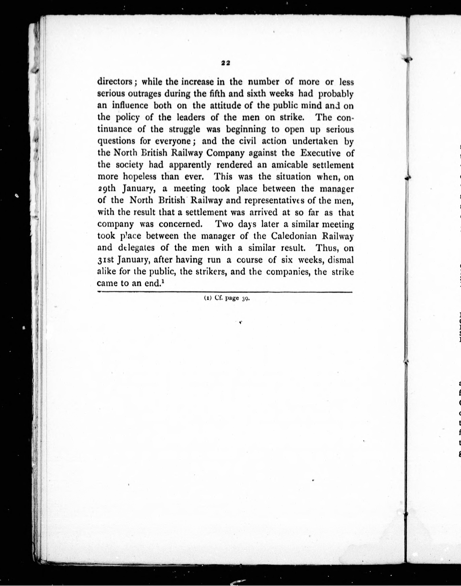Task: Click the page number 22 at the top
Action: click(x=225, y=63)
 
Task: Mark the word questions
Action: click(x=116, y=141)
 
